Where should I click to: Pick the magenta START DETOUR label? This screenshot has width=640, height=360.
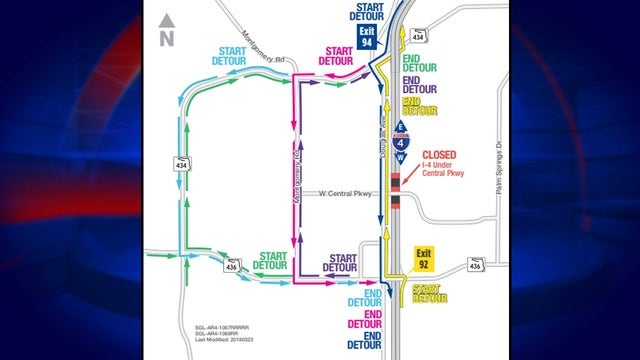point(337,55)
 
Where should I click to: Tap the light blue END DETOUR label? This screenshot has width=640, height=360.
point(366,297)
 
